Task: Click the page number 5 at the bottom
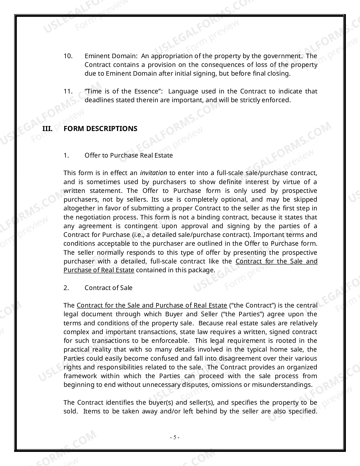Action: (x=175, y=437)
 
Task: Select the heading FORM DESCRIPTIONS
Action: (x=100, y=129)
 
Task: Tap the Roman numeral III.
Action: (x=47, y=129)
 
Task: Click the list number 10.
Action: (x=68, y=56)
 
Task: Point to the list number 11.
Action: (x=68, y=91)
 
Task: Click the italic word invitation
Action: (x=154, y=173)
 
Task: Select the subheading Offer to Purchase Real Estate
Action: (x=128, y=155)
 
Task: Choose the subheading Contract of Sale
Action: (x=108, y=288)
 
